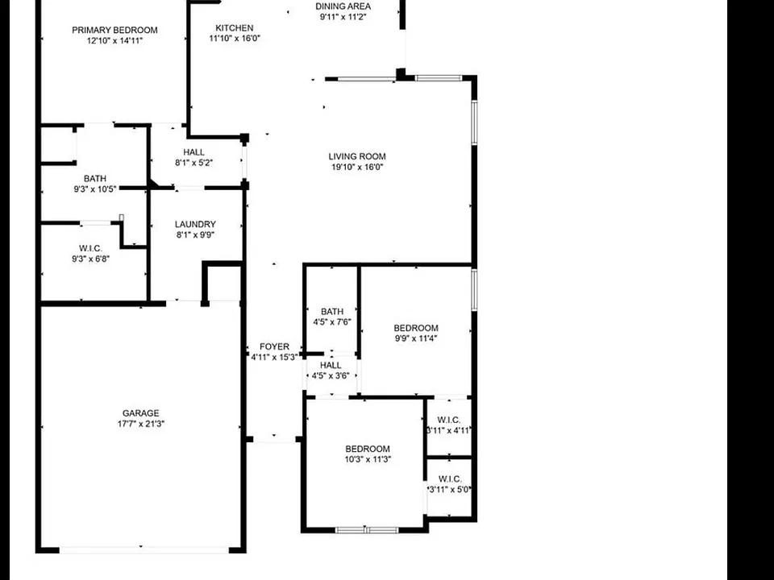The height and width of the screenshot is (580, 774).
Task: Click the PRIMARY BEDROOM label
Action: point(114,30)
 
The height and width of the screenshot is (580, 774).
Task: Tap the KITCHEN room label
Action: point(235,28)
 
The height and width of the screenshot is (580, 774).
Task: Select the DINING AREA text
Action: point(343,6)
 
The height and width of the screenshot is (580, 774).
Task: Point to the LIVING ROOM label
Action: point(357,156)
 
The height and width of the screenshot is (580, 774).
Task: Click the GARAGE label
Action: point(140,413)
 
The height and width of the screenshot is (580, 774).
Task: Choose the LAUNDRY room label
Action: point(195,225)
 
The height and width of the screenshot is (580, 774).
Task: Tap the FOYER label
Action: point(274,346)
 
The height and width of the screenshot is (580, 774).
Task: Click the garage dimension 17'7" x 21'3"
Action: point(140,424)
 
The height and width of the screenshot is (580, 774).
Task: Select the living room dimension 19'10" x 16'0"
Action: point(357,167)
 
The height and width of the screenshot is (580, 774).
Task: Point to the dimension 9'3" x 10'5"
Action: point(95,188)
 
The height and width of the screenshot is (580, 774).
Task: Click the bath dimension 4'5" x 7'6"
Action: point(332,322)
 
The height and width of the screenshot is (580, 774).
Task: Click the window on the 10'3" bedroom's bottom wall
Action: point(367,530)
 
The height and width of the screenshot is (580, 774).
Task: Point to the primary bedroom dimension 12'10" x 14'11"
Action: point(114,41)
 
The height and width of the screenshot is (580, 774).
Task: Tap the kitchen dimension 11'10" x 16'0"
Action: point(235,39)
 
